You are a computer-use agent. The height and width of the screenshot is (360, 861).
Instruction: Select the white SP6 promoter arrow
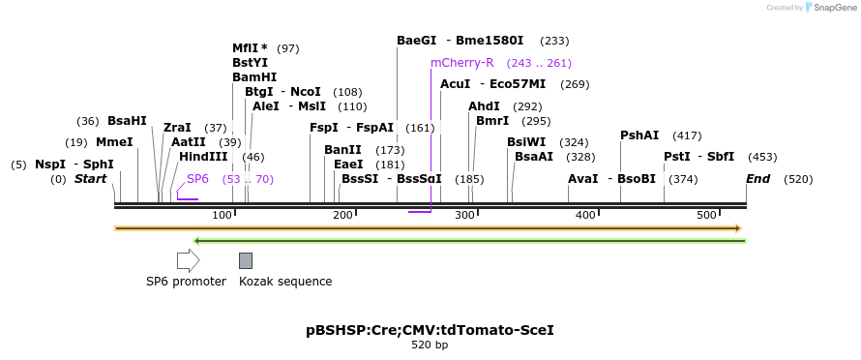pos(188,260)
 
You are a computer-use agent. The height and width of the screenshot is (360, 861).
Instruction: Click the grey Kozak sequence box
pos(246,260)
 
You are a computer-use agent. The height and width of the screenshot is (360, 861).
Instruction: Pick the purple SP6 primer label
pos(197,179)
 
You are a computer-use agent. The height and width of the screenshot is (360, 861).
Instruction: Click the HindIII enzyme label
pos(203,157)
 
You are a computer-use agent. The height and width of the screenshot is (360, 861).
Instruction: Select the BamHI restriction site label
pos(254,77)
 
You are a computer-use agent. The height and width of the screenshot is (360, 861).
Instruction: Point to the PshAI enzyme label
pos(639,135)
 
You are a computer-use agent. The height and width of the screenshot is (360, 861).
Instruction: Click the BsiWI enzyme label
pos(526,142)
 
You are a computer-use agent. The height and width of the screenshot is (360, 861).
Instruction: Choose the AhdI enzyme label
pos(484,106)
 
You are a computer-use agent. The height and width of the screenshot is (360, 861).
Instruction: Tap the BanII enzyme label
pos(342,150)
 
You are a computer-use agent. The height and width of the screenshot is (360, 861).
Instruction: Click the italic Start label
pos(90,179)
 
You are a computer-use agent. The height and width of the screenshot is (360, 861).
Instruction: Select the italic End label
pos(757,179)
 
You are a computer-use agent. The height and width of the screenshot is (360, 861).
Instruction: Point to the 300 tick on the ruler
pos(464,214)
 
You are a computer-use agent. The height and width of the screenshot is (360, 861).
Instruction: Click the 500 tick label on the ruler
pos(706,214)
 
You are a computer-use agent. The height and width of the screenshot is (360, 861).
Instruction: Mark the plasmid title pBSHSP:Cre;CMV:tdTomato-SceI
pos(430,330)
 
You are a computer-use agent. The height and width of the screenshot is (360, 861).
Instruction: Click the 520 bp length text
pos(430,345)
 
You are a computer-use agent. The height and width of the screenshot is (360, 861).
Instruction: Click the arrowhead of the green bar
pos(197,240)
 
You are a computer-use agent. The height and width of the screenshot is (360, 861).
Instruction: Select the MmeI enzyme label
pos(114,142)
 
